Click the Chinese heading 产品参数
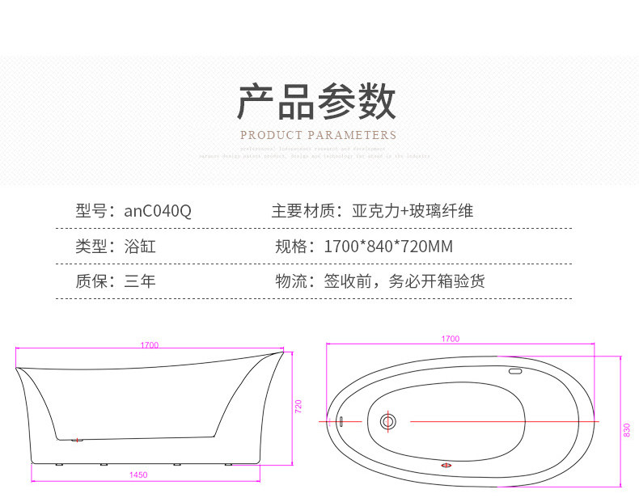(x=316, y=103)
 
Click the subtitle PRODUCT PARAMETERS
(x=318, y=135)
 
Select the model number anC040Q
(x=158, y=212)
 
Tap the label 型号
(x=91, y=212)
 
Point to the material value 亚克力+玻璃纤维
(x=413, y=212)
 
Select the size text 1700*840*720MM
(x=388, y=247)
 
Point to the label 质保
(x=91, y=281)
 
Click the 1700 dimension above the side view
(x=149, y=345)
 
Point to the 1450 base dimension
(x=138, y=475)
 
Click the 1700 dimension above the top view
(x=451, y=339)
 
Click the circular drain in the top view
(x=387, y=421)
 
